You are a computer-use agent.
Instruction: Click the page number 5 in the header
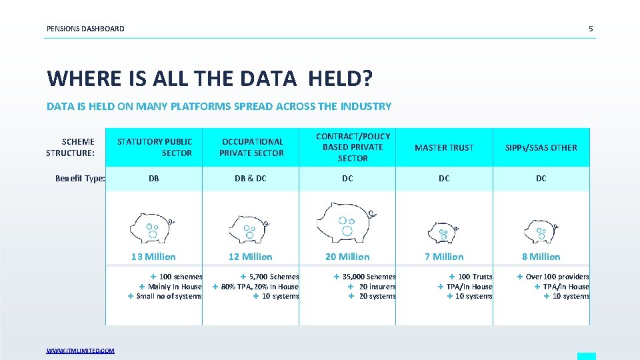pos(590,29)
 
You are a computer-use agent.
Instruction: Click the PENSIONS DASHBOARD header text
pos(85,29)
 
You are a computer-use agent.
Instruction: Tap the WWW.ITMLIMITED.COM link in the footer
pos(80,351)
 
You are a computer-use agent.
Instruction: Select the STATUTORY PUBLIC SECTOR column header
pos(155,147)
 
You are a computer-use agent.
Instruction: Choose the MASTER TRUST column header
pos(444,147)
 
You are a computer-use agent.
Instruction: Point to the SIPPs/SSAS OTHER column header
pos(541,147)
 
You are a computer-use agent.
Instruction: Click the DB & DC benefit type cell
pos(251,179)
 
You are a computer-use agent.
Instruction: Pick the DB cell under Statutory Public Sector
pos(154,179)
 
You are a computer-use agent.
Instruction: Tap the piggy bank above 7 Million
pos(442,231)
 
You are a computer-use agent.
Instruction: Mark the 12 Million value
pos(251,257)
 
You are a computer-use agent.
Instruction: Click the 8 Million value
pos(541,257)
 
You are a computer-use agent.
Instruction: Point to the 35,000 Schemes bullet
pos(366,277)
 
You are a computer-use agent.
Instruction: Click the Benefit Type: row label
pos(80,179)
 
